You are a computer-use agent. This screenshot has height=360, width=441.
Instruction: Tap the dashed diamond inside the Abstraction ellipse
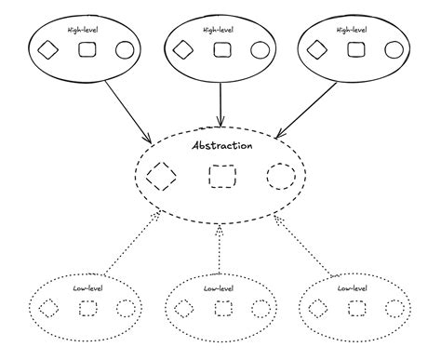[162, 175]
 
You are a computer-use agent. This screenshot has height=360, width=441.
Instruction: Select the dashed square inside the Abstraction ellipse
[221, 176]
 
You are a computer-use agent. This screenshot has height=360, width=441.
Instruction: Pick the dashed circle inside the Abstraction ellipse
[279, 175]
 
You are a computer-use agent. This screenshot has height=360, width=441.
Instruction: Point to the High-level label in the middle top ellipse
[220, 30]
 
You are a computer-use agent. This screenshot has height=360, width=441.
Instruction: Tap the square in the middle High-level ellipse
[220, 50]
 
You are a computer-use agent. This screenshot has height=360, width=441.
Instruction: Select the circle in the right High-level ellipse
[394, 50]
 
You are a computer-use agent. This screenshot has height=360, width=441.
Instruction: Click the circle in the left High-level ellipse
[124, 50]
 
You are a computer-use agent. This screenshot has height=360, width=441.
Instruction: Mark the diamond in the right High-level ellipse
[317, 50]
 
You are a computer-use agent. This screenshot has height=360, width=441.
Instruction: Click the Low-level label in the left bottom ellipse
[87, 288]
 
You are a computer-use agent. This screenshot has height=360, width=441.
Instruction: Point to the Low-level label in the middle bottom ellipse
[220, 288]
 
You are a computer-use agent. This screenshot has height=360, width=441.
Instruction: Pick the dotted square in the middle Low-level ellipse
[220, 307]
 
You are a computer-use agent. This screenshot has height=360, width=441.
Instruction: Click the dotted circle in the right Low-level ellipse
[392, 307]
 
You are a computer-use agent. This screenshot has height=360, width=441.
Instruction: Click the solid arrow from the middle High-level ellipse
[220, 102]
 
